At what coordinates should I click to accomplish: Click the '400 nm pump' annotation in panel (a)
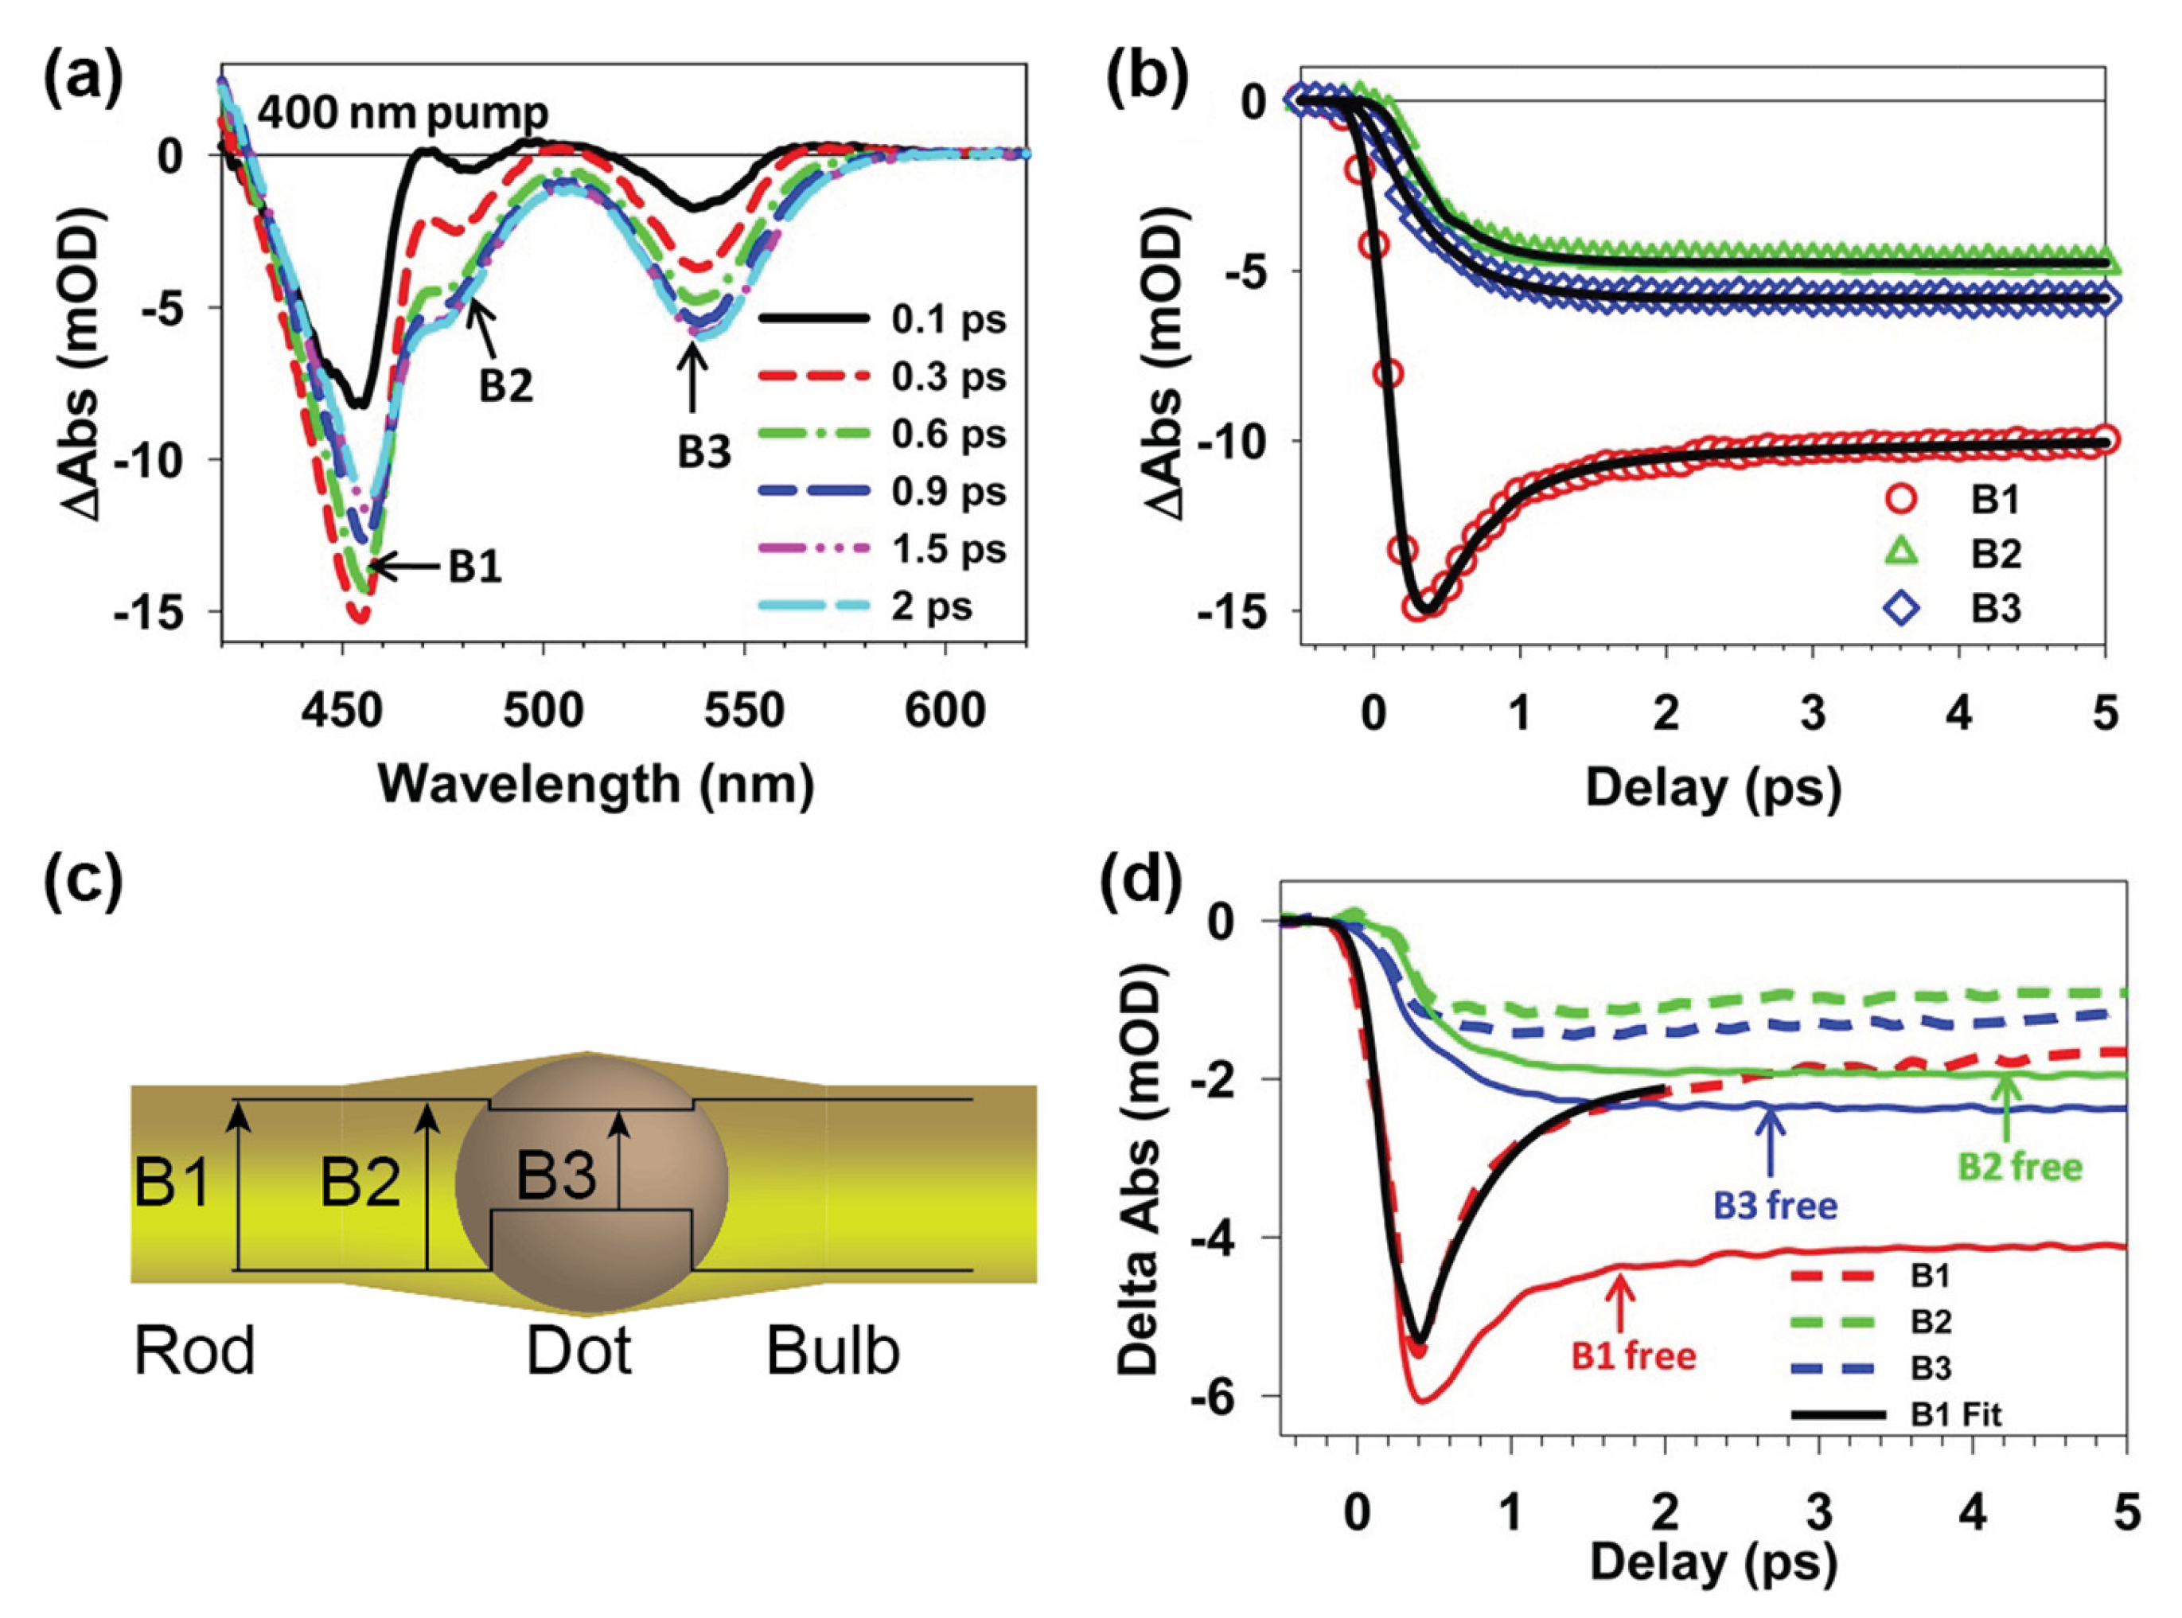coord(403,115)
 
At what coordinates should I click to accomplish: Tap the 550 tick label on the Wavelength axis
coord(744,710)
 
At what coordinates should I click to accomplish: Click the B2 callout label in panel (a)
coord(505,387)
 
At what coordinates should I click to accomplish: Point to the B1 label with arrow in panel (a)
coord(475,567)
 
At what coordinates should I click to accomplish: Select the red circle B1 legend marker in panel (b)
coord(1901,500)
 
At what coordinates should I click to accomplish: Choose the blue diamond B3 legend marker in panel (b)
coord(1901,608)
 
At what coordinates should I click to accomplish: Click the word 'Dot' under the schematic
coord(579,1351)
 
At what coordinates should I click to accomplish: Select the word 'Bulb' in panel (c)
coord(832,1351)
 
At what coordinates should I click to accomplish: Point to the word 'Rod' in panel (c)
coord(194,1351)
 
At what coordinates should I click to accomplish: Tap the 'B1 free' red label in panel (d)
coord(1634,1355)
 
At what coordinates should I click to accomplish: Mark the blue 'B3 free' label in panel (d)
coord(1775,1205)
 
